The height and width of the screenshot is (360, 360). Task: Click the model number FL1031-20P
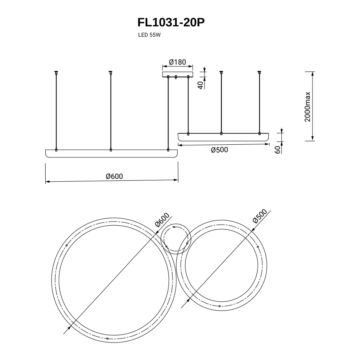171,23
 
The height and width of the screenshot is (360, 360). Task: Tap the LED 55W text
149,35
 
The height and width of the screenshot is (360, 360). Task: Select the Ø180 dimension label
177,62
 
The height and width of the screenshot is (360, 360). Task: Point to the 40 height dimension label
200,85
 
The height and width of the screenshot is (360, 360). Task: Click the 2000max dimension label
307,107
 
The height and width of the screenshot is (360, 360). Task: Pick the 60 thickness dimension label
278,150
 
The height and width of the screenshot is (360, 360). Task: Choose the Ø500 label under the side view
219,150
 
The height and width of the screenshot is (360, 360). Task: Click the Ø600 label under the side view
114,176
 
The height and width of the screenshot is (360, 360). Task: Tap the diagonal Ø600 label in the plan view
162,220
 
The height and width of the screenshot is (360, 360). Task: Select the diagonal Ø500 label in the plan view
260,216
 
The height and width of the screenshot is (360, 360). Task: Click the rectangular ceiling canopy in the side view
178,74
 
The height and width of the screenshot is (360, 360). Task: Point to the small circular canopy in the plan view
176,239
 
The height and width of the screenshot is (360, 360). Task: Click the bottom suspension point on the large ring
107,338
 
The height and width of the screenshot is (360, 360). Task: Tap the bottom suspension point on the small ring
220,306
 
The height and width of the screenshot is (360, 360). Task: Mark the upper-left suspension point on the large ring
66,246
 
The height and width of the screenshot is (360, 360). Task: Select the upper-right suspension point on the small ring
258,246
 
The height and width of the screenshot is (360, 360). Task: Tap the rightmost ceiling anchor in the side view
259,72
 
